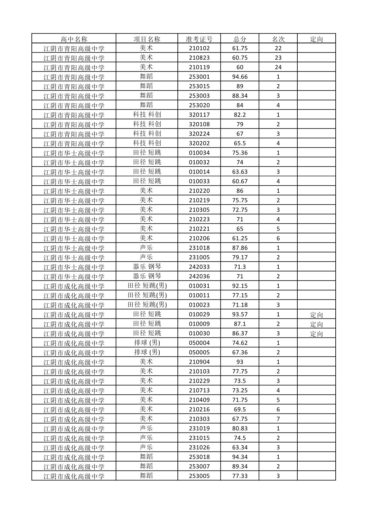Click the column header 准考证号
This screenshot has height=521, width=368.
[x=199, y=39]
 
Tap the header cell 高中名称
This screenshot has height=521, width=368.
[x=74, y=39]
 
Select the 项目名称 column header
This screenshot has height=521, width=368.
[x=147, y=39]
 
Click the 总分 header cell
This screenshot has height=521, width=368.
[x=240, y=39]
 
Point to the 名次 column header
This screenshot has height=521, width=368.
[x=278, y=39]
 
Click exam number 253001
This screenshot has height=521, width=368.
[x=199, y=77]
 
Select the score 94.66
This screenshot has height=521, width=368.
[x=240, y=77]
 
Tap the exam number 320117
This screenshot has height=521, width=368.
[x=199, y=115]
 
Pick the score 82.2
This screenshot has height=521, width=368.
[x=240, y=115]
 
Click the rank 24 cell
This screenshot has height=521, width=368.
[x=278, y=67]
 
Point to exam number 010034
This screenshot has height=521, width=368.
[x=199, y=153]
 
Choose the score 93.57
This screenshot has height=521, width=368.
[x=240, y=314]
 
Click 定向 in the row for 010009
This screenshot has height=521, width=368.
[x=316, y=324]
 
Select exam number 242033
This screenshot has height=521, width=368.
[x=199, y=267]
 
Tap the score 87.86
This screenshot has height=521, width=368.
[x=240, y=248]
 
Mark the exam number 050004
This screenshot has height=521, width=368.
[x=199, y=343]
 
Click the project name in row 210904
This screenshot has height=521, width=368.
[x=146, y=361]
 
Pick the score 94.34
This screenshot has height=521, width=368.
[x=240, y=457]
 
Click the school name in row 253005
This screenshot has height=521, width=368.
[x=74, y=476]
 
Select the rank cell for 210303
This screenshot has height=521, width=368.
[x=278, y=419]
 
